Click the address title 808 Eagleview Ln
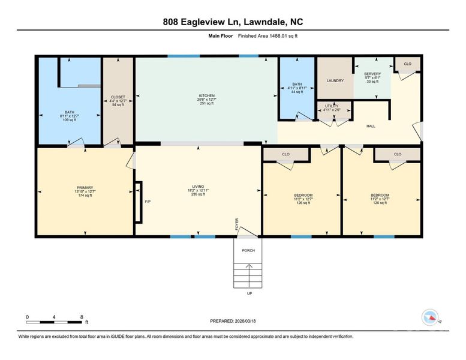click(233, 22)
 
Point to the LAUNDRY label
click(335, 80)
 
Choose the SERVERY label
click(372, 74)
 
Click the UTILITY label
click(331, 106)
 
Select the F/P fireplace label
click(146, 201)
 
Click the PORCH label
click(248, 250)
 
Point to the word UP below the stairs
click(249, 293)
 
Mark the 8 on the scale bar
click(82, 316)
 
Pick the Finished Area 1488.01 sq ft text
click(269, 36)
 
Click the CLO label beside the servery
click(407, 64)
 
